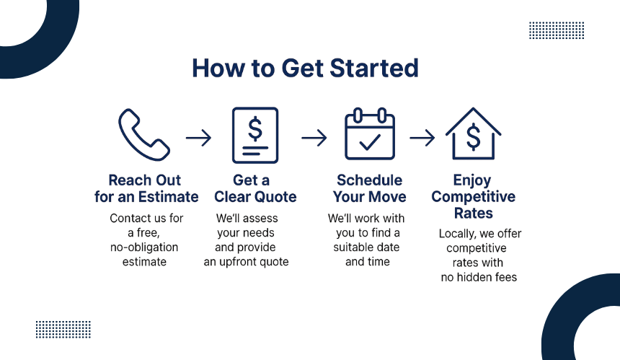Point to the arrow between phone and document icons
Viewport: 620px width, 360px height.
198,138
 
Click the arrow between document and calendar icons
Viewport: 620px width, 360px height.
314,138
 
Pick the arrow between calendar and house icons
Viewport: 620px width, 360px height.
422,138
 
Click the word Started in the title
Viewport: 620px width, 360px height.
374,68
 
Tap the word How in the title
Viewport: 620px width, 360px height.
218,68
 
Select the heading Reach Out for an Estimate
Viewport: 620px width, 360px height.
146,188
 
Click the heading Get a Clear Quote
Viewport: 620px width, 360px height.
255,188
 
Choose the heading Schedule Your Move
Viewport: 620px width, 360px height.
369,188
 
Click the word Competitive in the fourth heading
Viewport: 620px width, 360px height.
474,197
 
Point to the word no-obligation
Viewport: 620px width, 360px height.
144,247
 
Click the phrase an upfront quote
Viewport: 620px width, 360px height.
246,262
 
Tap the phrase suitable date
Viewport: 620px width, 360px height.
366,247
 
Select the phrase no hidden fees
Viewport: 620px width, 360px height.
479,277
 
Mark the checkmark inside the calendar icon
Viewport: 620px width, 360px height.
370,142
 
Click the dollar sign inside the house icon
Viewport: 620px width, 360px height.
474,137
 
